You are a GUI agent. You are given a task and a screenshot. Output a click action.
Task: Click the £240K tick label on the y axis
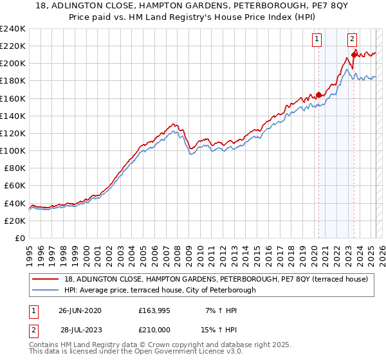click(x=13, y=28)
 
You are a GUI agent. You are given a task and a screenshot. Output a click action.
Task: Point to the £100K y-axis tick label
click(x=13, y=150)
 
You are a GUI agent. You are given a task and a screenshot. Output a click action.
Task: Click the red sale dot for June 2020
click(x=318, y=94)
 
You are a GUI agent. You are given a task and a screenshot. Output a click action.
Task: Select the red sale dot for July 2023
click(x=354, y=55)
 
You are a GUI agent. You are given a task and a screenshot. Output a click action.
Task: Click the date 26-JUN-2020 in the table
click(x=80, y=310)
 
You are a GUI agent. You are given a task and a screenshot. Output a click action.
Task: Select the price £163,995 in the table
click(x=154, y=310)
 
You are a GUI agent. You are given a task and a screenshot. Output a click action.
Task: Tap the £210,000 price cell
click(x=154, y=329)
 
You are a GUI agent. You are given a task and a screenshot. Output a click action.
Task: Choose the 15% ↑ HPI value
click(x=219, y=329)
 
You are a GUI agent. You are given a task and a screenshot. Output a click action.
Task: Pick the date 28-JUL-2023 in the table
click(x=80, y=329)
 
